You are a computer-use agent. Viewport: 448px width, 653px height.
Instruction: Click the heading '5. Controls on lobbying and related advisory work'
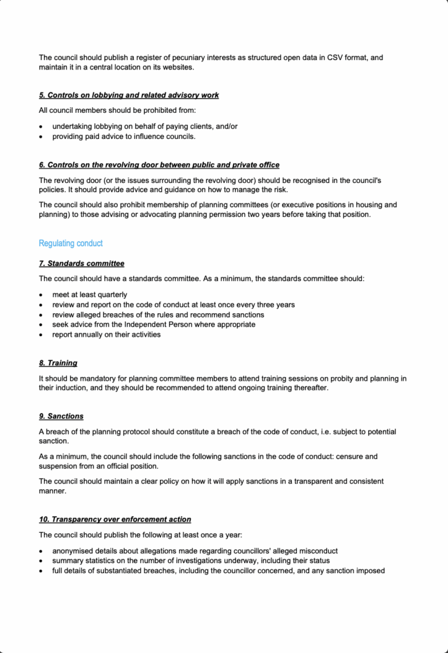click(x=129, y=95)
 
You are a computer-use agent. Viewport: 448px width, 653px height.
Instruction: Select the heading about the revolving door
click(x=159, y=165)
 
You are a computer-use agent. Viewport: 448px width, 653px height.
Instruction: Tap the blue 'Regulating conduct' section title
click(x=71, y=244)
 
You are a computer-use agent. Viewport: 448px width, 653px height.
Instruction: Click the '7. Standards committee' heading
click(x=82, y=263)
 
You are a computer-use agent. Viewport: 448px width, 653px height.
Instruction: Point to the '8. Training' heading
click(x=58, y=363)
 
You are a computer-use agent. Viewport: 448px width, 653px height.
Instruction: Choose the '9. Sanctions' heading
click(x=61, y=416)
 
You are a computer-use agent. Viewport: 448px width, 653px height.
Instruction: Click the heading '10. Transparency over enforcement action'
click(x=115, y=519)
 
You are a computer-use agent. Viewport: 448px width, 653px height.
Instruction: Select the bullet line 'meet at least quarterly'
click(x=89, y=295)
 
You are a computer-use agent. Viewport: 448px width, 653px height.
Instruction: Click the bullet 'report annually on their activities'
click(x=106, y=334)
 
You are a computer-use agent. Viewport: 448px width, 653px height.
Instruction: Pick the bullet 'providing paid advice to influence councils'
click(x=124, y=136)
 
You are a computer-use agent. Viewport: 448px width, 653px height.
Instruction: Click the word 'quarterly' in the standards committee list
click(x=112, y=295)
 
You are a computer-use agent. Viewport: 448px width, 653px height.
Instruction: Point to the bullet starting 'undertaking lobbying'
click(x=145, y=126)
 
